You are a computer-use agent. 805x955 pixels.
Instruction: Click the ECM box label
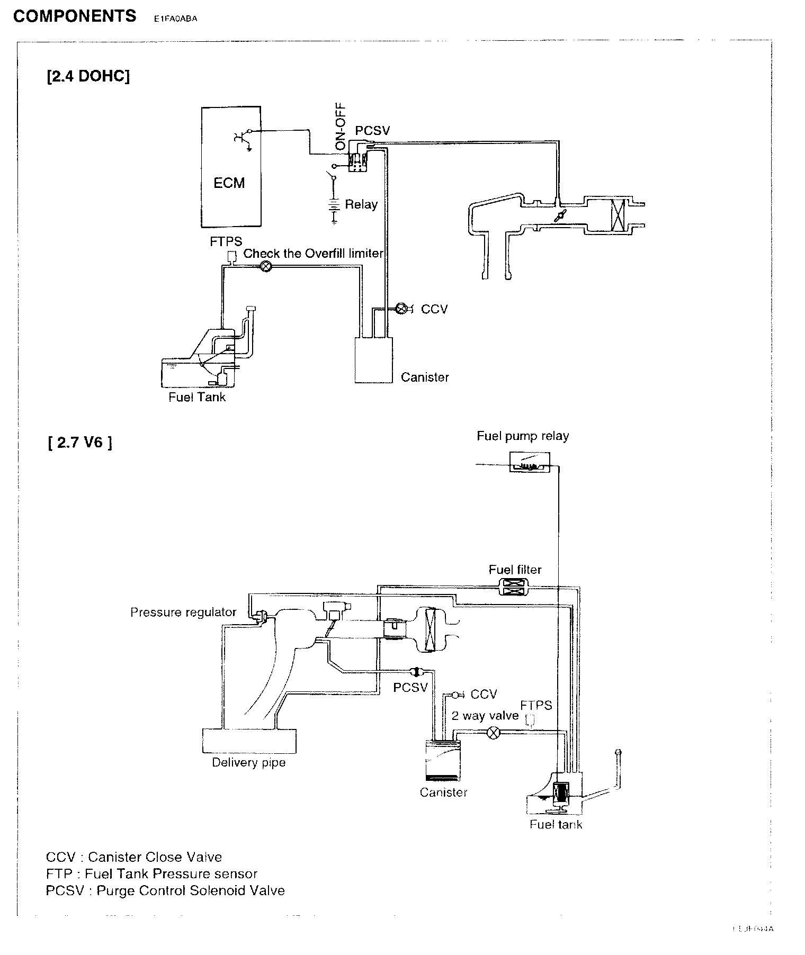(x=229, y=183)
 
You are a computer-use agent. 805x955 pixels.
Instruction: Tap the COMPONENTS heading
(x=75, y=16)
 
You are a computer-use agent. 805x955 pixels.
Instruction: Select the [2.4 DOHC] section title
(x=88, y=77)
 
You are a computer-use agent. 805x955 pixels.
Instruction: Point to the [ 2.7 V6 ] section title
(x=80, y=442)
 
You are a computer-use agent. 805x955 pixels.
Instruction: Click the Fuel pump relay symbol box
(x=529, y=462)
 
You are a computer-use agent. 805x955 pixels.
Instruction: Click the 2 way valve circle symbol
(x=493, y=733)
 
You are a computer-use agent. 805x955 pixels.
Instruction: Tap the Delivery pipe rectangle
(x=249, y=740)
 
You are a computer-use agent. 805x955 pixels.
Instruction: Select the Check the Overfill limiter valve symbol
(x=266, y=267)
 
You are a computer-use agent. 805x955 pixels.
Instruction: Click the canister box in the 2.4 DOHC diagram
(x=373, y=360)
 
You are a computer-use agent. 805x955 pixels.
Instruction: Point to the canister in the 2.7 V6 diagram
(x=443, y=760)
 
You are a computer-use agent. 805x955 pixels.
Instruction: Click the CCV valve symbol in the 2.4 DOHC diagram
(x=401, y=309)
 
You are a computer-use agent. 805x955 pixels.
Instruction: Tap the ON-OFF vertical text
(x=341, y=126)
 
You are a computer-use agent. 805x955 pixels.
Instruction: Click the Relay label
(x=361, y=205)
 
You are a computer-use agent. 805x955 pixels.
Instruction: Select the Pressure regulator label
(x=183, y=612)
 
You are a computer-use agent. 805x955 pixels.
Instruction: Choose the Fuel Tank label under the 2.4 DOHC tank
(x=197, y=398)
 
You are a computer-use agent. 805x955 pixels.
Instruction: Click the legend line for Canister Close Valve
(x=134, y=857)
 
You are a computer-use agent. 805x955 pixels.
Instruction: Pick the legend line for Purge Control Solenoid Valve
(x=165, y=891)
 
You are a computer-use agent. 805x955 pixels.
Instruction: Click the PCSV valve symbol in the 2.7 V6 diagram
(x=415, y=672)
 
